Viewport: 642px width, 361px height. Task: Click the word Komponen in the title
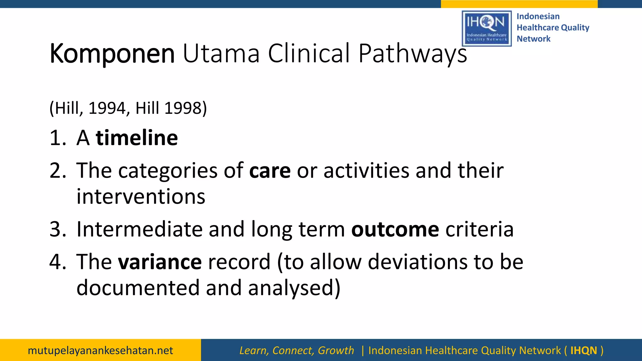click(x=112, y=54)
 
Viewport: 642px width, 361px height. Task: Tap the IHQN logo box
click(x=487, y=29)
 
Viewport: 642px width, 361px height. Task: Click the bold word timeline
click(x=137, y=138)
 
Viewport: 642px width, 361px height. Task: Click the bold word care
click(x=270, y=171)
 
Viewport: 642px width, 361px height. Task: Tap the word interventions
click(x=141, y=197)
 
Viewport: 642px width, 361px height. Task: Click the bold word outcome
click(x=395, y=229)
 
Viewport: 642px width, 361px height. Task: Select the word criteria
click(x=479, y=229)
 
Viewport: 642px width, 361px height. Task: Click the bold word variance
click(x=160, y=262)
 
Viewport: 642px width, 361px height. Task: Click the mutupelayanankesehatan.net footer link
click(x=100, y=350)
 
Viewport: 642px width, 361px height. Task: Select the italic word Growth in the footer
click(x=336, y=350)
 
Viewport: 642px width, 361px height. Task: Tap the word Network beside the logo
click(x=533, y=39)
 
